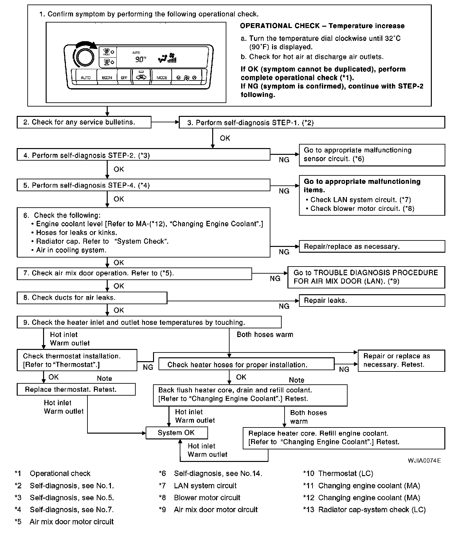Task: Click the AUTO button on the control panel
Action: (x=86, y=78)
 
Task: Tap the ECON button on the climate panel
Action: (x=107, y=78)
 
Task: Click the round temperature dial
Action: (x=85, y=57)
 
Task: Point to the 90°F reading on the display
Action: (x=140, y=59)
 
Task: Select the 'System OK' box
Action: (x=177, y=433)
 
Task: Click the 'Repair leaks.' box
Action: (x=372, y=301)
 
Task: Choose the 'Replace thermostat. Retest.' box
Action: (x=76, y=390)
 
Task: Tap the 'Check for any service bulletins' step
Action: (x=84, y=122)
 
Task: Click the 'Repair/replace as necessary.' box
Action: (x=372, y=247)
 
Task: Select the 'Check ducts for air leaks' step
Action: (x=92, y=298)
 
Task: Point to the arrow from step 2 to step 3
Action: (x=165, y=122)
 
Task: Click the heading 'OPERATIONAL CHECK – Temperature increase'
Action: (x=322, y=26)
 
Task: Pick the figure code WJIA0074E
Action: (x=424, y=460)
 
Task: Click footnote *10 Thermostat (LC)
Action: (x=338, y=474)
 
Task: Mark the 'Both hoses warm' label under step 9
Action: (x=265, y=334)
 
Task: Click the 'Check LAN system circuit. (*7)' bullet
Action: (x=360, y=200)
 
